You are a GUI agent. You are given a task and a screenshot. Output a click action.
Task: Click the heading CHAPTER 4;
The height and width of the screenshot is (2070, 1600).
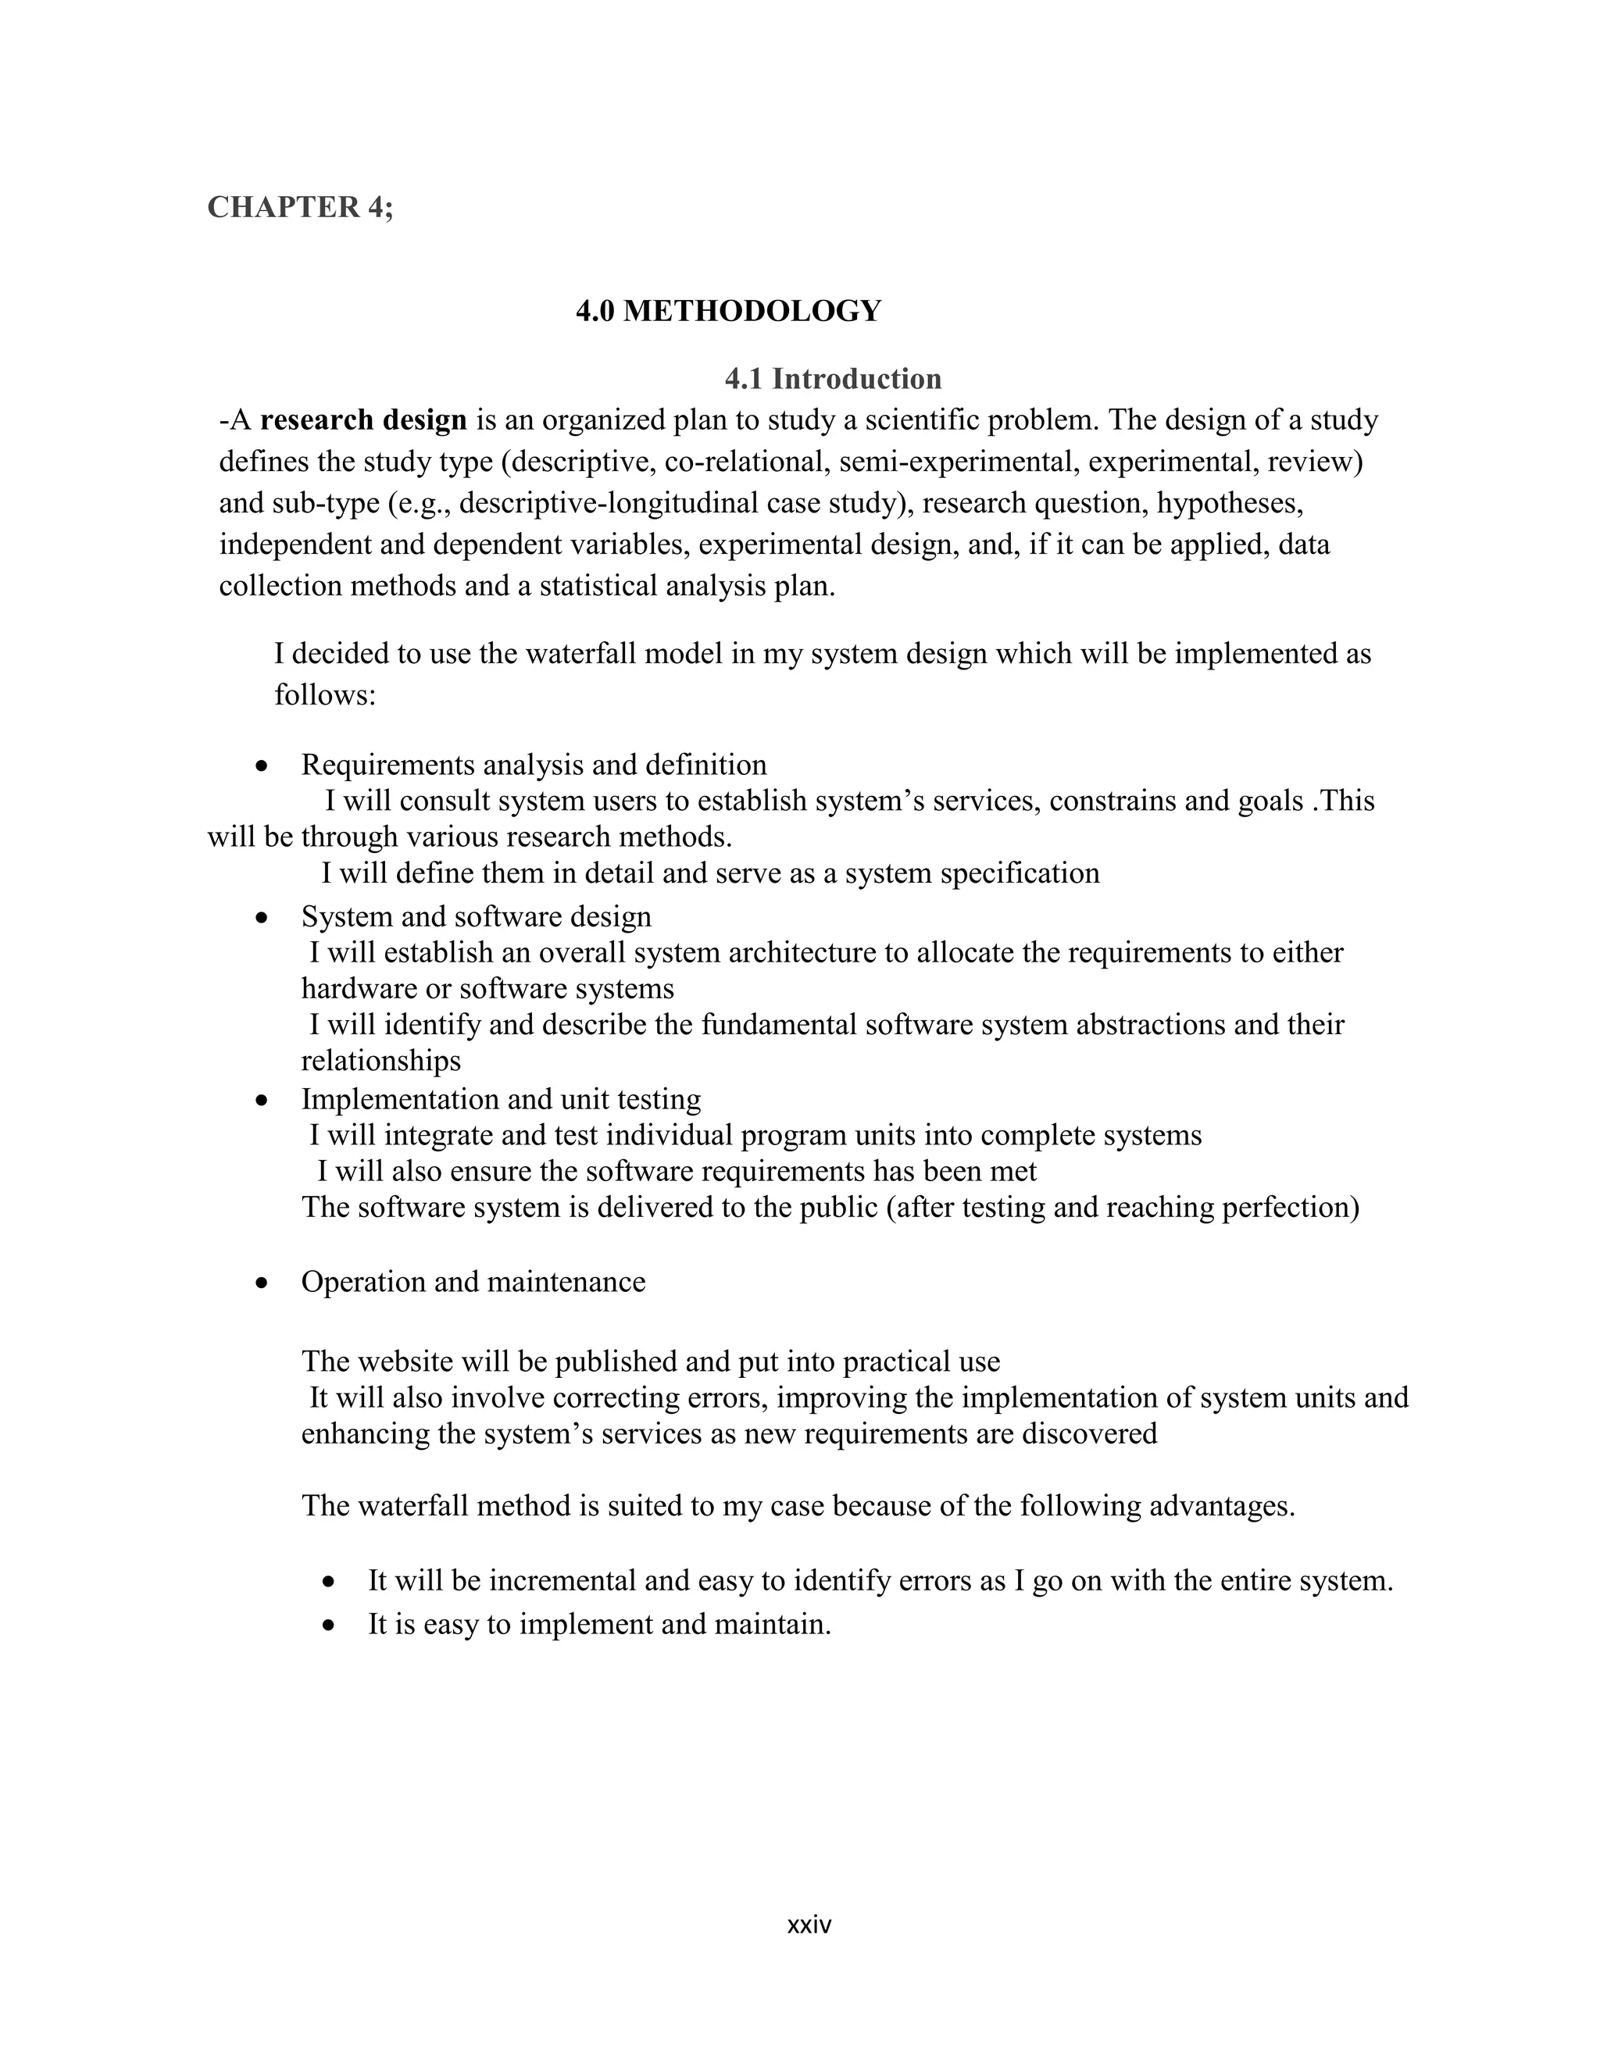pyautogui.click(x=299, y=208)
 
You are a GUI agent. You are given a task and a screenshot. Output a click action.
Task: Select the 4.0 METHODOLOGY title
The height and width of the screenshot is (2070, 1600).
pyautogui.click(x=728, y=311)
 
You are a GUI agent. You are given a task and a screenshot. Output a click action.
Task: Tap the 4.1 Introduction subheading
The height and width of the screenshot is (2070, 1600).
pyautogui.click(x=832, y=379)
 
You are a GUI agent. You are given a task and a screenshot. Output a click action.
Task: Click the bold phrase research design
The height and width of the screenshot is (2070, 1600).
pyautogui.click(x=364, y=420)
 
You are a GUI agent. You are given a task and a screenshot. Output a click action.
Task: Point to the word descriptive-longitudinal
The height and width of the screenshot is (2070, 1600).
pyautogui.click(x=610, y=503)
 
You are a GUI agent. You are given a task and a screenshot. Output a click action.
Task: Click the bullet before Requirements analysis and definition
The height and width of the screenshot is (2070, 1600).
pyautogui.click(x=262, y=766)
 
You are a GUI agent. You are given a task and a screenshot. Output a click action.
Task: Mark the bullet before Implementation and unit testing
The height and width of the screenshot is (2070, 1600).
pyautogui.click(x=262, y=1101)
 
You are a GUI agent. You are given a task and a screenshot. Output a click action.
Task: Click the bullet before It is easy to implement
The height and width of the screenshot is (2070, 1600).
pyautogui.click(x=329, y=1626)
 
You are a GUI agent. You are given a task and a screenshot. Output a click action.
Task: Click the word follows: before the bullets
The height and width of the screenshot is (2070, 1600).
pyautogui.click(x=325, y=696)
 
